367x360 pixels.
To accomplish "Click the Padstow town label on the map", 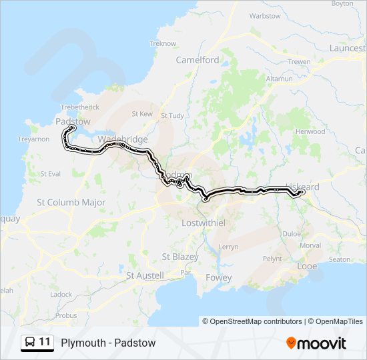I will [73, 121].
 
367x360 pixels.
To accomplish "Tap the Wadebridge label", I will [122, 139].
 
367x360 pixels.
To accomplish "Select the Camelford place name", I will [198, 59].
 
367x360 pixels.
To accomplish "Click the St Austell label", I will [145, 275].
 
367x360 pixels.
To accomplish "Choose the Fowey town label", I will [219, 277].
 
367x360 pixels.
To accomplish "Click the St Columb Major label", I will [71, 202].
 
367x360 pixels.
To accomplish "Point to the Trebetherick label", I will [79, 107].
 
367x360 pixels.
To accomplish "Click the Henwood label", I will [311, 131].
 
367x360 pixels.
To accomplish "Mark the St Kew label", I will [142, 114].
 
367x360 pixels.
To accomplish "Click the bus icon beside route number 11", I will [30, 343].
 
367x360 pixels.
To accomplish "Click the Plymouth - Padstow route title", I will [108, 343].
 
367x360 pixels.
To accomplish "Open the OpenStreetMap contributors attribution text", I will [252, 321].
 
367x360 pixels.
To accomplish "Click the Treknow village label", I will [163, 43].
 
